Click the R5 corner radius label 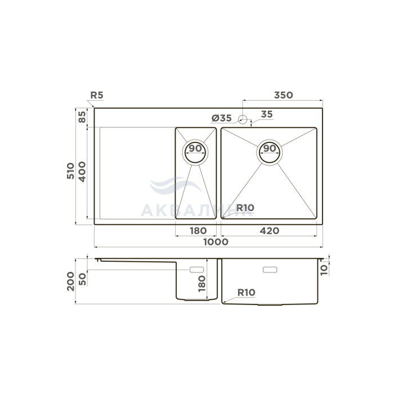pyautogui.click(x=97, y=95)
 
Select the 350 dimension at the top pyautogui.click(x=284, y=95)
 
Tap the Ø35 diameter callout pyautogui.click(x=221, y=118)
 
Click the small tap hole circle pyautogui.click(x=243, y=119)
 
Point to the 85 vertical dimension pyautogui.click(x=82, y=117)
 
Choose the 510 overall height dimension pyautogui.click(x=70, y=171)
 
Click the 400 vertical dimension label pyautogui.click(x=82, y=172)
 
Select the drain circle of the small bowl pyautogui.click(x=195, y=153)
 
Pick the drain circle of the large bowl pyautogui.click(x=270, y=153)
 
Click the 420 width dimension pyautogui.click(x=270, y=231)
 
